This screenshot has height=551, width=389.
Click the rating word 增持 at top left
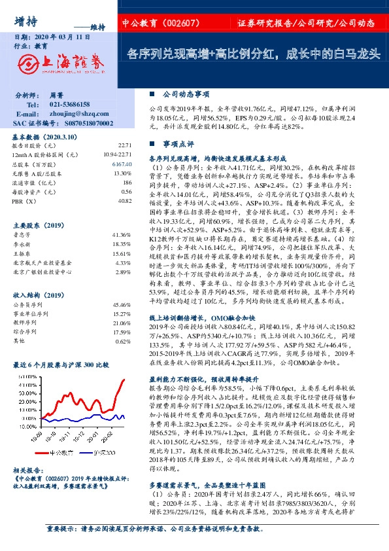25,20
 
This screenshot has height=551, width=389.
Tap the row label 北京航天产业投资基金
42,262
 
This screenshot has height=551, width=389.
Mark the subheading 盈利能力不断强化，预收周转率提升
204,378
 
